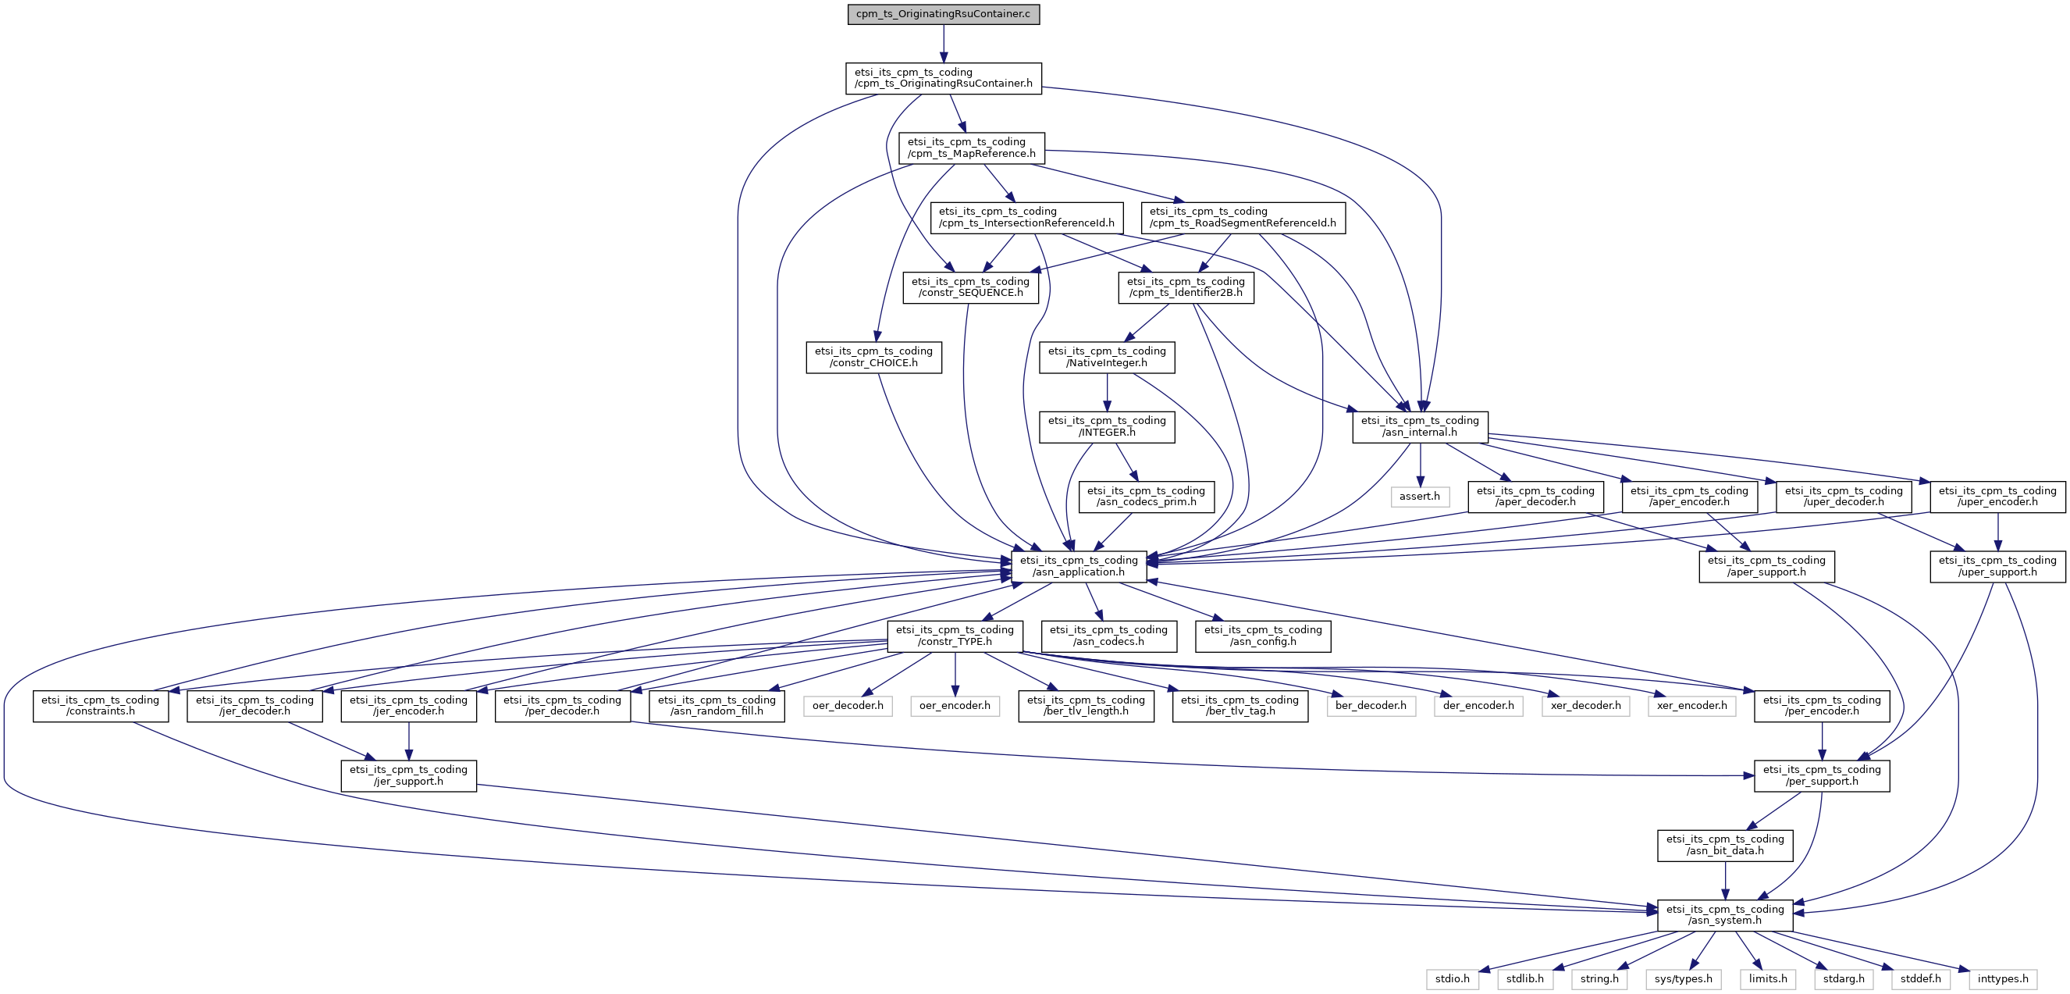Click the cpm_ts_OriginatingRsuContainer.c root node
(943, 15)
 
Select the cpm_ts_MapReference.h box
(972, 148)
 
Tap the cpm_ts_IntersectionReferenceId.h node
(1026, 218)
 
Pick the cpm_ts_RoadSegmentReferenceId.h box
(1243, 218)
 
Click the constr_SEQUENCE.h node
(970, 287)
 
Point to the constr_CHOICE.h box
(873, 358)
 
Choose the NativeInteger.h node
(1107, 358)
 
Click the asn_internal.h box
(1419, 426)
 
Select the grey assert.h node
(1419, 497)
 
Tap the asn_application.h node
(1079, 567)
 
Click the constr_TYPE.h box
(955, 636)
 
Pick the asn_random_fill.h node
(717, 706)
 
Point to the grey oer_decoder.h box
(847, 706)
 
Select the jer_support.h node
(408, 775)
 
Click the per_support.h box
(1821, 775)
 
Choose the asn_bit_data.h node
(1724, 846)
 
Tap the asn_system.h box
(1724, 915)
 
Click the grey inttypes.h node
(2003, 978)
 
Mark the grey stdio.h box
(1452, 978)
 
